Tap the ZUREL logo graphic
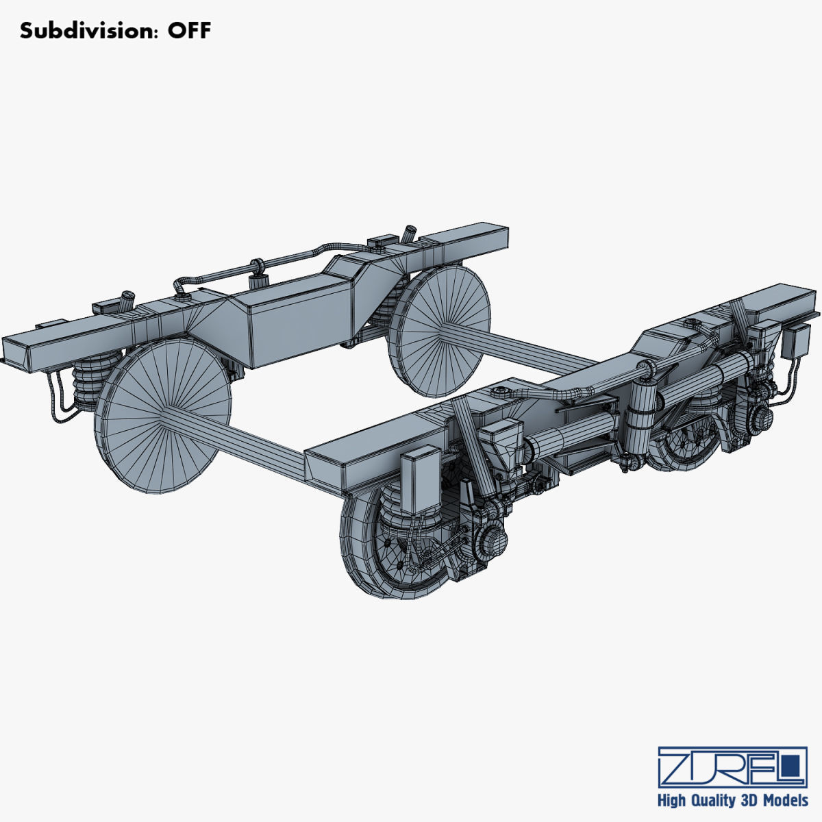(732, 767)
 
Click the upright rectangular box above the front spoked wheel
(421, 480)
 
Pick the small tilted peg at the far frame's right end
(410, 234)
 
